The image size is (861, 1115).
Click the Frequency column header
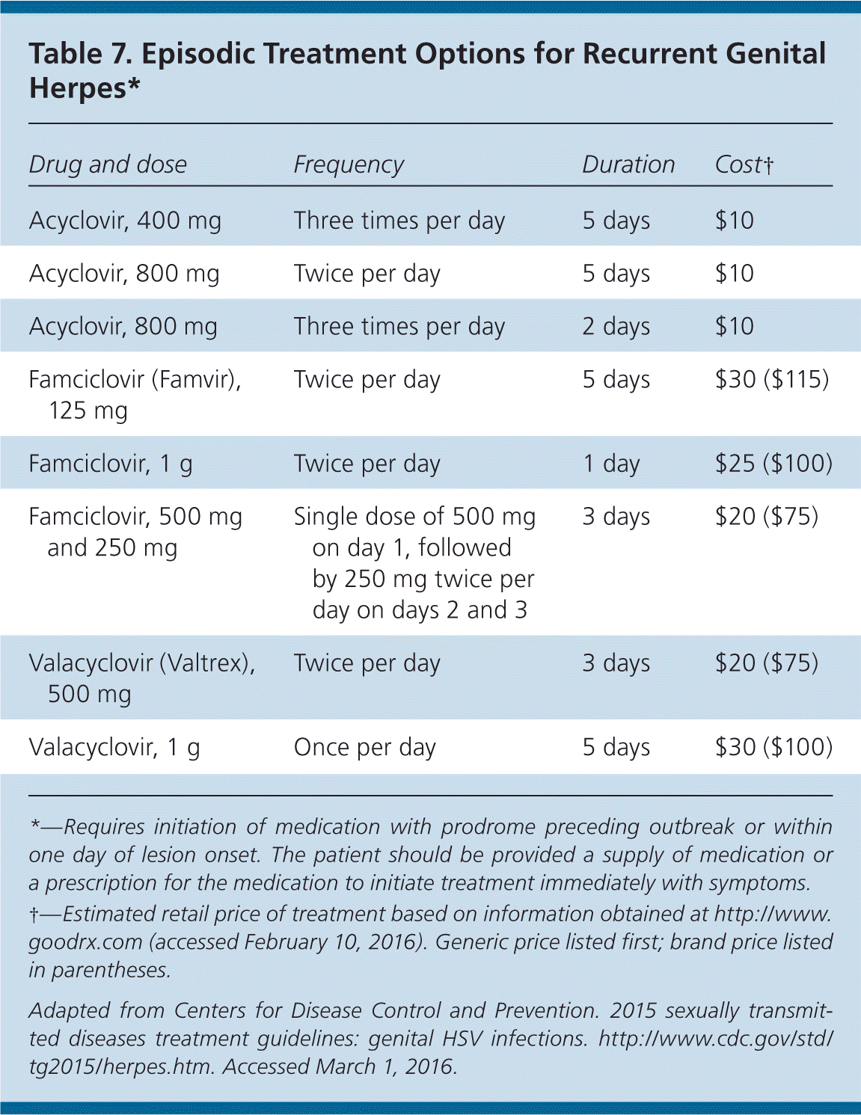(349, 165)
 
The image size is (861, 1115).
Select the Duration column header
(628, 165)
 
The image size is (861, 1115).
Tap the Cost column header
(744, 165)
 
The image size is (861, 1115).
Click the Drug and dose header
(108, 165)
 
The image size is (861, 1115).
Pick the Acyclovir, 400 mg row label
(125, 221)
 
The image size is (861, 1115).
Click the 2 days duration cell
(616, 327)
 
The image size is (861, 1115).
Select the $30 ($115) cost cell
(772, 380)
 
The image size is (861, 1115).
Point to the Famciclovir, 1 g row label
(111, 464)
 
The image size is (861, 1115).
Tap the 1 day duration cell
(611, 464)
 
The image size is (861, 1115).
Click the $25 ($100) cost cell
(773, 464)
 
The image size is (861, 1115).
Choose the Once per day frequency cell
(364, 747)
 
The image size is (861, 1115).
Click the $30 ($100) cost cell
(773, 747)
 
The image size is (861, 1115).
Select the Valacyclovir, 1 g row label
(114, 747)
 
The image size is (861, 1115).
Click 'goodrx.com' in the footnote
(85, 942)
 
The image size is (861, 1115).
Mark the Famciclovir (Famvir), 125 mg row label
(135, 395)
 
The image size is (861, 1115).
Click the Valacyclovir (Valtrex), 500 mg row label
(141, 678)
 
